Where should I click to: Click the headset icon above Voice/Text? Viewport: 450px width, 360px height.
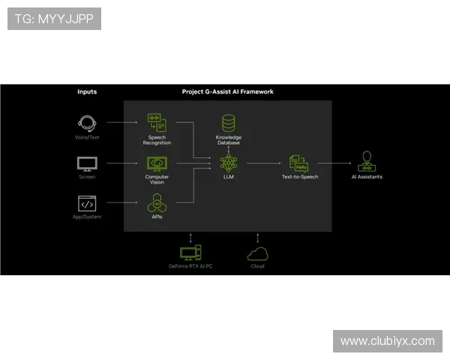click(x=87, y=122)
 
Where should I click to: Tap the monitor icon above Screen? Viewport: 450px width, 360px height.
click(x=87, y=163)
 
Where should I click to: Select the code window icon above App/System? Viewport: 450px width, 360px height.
click(x=87, y=203)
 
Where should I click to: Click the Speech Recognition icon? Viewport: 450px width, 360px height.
click(x=157, y=122)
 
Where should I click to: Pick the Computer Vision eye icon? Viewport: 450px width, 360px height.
click(x=157, y=163)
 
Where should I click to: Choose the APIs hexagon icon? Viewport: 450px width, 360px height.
click(x=157, y=202)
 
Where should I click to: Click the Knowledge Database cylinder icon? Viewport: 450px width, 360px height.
click(x=229, y=123)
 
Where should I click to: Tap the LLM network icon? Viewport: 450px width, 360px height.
click(x=229, y=163)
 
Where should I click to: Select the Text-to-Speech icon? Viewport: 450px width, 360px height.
click(x=298, y=163)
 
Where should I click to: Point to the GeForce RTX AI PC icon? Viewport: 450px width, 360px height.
click(x=190, y=253)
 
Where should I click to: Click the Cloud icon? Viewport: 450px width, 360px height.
click(x=257, y=253)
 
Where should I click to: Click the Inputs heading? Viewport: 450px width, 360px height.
click(x=87, y=92)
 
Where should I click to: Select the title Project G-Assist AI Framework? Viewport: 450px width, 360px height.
click(x=228, y=92)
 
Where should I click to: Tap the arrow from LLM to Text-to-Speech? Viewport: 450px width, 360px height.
click(x=262, y=163)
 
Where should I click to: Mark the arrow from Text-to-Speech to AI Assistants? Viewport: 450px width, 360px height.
click(x=334, y=163)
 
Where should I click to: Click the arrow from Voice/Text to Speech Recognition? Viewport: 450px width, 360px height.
click(x=121, y=121)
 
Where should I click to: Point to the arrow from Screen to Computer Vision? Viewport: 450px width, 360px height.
click(x=121, y=163)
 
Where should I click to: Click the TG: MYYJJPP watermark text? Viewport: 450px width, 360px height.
click(x=54, y=19)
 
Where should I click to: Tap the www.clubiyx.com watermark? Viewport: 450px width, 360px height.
click(x=387, y=341)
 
